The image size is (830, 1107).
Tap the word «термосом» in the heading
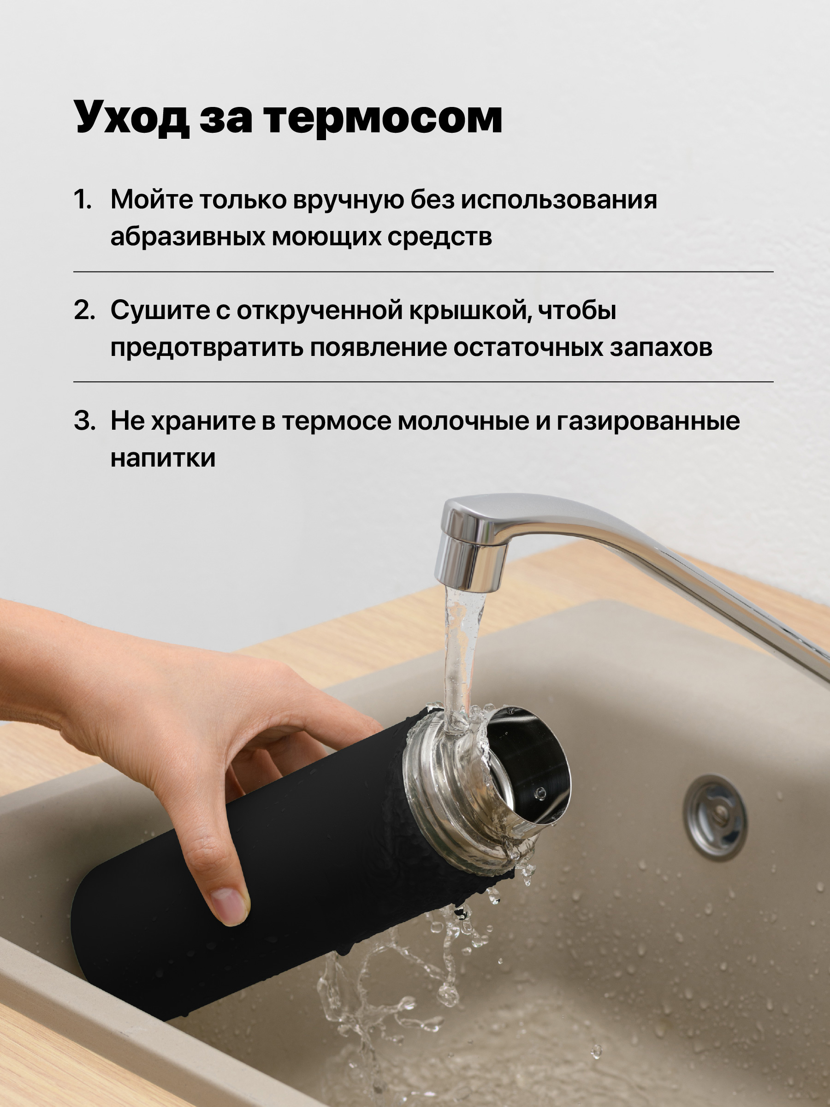tap(384, 118)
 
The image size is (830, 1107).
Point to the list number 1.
tap(83, 200)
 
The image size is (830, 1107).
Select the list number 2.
tap(84, 310)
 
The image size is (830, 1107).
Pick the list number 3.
tap(84, 420)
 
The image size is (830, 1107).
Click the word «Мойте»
tap(151, 200)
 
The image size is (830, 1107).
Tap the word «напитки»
tap(163, 457)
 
